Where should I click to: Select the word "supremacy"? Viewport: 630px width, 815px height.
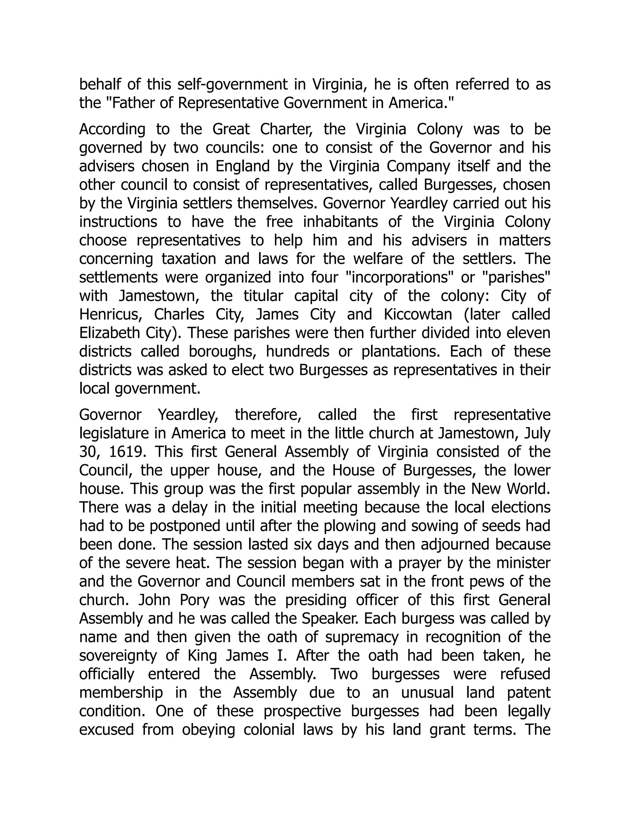point(361,637)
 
